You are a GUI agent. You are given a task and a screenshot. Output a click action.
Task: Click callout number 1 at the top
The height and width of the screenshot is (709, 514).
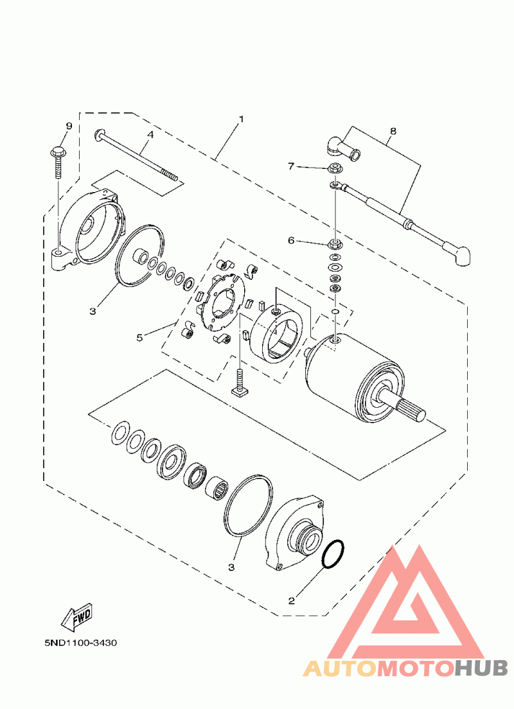click(241, 119)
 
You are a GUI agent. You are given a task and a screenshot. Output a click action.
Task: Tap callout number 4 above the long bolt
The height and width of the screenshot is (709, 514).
click(150, 135)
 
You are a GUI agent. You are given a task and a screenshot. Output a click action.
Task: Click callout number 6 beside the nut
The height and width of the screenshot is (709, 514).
click(291, 241)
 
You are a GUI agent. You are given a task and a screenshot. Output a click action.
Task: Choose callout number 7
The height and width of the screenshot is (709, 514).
click(291, 166)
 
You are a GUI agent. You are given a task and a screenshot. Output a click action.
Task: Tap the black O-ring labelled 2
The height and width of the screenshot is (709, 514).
click(333, 554)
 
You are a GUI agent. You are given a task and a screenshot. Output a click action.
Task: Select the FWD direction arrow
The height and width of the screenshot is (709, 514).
click(76, 617)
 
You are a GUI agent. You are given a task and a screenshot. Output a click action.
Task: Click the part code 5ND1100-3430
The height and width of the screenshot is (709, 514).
click(81, 643)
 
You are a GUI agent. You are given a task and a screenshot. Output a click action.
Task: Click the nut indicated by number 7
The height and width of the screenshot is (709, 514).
click(334, 169)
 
